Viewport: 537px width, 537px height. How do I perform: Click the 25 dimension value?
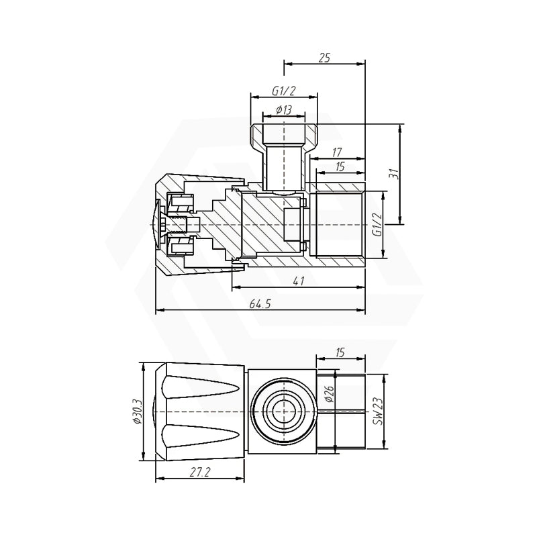click(x=324, y=58)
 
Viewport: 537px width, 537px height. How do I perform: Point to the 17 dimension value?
click(x=338, y=152)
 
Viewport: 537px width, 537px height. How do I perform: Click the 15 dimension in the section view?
click(x=340, y=167)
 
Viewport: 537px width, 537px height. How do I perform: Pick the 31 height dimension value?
click(x=395, y=173)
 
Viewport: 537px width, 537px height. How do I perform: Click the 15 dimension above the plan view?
click(x=340, y=351)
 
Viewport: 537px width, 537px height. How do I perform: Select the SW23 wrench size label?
click(x=378, y=411)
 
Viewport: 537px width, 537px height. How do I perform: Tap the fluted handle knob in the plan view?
click(x=201, y=411)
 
